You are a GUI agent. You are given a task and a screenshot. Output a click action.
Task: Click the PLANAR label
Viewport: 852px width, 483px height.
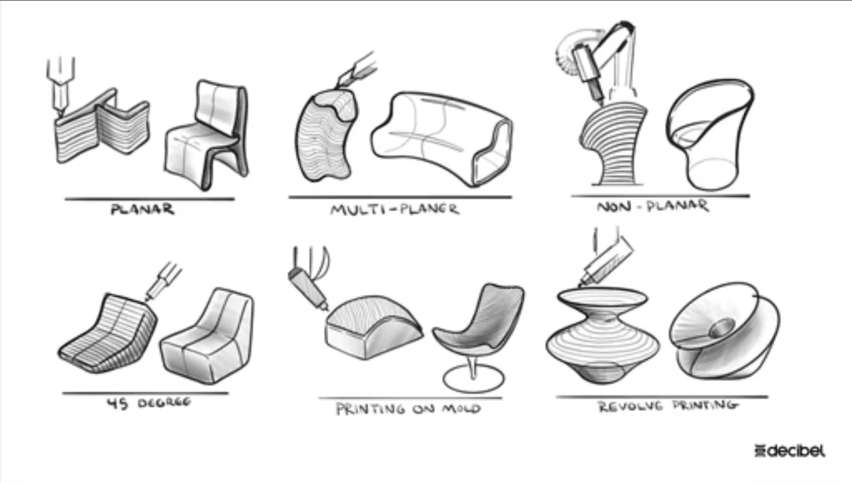(x=142, y=209)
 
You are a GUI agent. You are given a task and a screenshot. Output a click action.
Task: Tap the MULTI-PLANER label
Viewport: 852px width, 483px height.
(x=395, y=209)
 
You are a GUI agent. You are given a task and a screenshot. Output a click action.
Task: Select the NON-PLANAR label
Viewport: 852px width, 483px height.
(x=653, y=207)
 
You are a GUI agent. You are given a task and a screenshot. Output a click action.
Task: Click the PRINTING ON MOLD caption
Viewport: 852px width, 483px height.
(x=409, y=409)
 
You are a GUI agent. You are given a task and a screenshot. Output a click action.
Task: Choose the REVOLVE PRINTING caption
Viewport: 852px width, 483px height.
(x=668, y=406)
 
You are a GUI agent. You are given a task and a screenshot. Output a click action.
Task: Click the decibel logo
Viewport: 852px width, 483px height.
(x=789, y=450)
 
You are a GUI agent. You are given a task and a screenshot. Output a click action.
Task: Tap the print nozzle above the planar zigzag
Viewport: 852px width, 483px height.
(x=61, y=86)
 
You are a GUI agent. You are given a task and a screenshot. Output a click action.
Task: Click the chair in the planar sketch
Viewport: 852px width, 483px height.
(x=207, y=135)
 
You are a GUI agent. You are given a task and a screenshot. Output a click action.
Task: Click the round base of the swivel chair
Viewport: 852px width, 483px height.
(x=473, y=379)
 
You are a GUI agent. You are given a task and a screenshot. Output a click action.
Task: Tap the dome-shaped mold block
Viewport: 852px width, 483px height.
(x=374, y=327)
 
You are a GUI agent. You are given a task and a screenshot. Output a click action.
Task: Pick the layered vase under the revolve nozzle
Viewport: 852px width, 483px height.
(x=603, y=335)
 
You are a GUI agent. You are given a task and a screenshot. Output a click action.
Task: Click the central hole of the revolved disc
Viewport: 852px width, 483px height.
(x=722, y=328)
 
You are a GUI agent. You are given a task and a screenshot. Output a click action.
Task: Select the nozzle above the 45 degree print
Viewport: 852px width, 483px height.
(x=164, y=282)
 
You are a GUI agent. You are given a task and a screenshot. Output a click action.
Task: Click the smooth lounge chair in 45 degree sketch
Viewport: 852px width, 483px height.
(x=207, y=337)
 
